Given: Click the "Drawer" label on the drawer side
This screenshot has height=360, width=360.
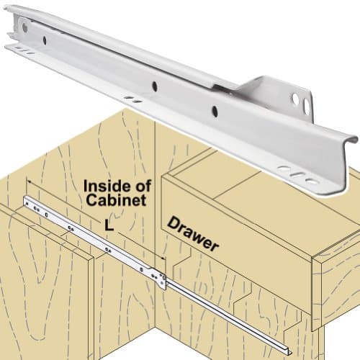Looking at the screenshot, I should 194,235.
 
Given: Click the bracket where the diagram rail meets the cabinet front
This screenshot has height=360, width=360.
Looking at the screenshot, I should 158,276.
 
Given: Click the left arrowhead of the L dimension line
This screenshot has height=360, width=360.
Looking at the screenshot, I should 27,180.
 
